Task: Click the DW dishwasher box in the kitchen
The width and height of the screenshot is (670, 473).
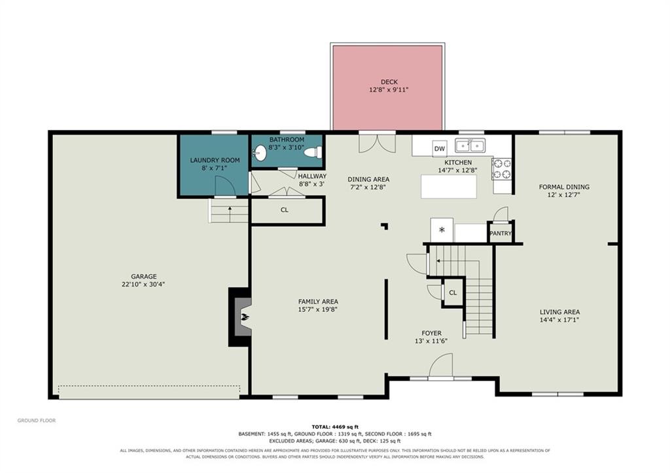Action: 439,149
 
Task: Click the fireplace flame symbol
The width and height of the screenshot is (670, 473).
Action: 245,317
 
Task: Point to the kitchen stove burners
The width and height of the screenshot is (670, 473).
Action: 502,168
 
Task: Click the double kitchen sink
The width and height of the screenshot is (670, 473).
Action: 470,146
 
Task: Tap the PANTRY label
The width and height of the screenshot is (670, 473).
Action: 501,234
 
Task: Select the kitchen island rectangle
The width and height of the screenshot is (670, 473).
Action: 449,186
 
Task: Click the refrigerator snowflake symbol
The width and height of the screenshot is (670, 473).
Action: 442,230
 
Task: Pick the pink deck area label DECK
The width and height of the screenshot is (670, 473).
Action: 389,82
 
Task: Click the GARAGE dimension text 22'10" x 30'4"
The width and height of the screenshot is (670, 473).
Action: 143,284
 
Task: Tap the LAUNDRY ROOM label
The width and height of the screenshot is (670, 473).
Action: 215,160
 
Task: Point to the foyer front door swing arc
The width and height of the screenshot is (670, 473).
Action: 440,365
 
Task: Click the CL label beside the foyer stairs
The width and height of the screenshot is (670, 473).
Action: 453,292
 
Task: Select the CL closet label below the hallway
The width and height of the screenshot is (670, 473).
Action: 285,210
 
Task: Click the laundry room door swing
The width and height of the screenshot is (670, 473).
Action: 225,186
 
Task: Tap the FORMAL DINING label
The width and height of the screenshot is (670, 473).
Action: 564,186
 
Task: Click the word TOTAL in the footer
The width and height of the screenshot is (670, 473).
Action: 321,427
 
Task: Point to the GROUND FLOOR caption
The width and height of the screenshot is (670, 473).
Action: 37,421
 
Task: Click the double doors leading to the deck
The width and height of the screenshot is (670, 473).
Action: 377,143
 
